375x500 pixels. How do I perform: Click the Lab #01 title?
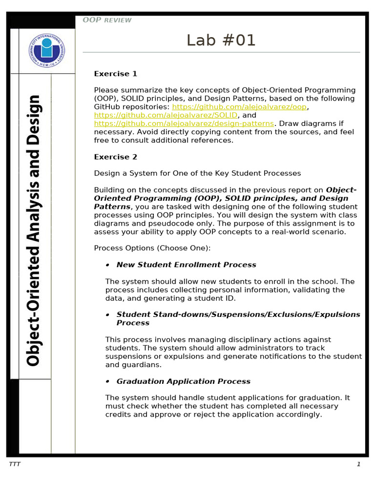(x=221, y=41)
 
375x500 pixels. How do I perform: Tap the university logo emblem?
(x=47, y=50)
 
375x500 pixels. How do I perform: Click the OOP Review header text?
(x=107, y=20)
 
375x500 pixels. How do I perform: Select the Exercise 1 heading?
(x=116, y=74)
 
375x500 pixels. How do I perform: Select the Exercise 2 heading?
(x=116, y=157)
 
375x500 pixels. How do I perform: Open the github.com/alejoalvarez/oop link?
(x=240, y=107)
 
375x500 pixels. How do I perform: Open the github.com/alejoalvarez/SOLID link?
(x=166, y=115)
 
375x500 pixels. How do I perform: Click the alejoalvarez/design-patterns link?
(x=184, y=124)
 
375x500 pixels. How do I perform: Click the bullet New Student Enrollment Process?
(x=186, y=265)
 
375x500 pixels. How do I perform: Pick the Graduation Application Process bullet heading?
(x=183, y=381)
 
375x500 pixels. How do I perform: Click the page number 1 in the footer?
(x=358, y=464)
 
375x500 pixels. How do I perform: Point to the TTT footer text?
(x=15, y=464)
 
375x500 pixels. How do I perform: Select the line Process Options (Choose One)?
(x=152, y=248)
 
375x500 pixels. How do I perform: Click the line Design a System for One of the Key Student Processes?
(x=197, y=173)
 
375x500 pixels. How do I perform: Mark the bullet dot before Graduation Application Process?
(x=107, y=382)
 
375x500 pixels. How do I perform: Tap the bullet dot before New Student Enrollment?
(x=107, y=265)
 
